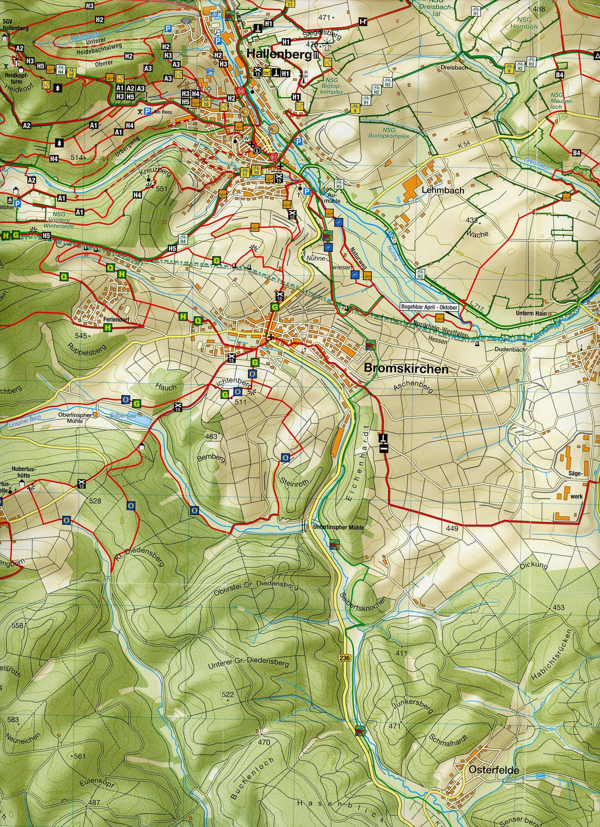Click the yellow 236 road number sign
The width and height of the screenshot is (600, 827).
[x=344, y=658]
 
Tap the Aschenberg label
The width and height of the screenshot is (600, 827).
[x=412, y=387]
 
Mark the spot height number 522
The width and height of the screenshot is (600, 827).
[x=228, y=694]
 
